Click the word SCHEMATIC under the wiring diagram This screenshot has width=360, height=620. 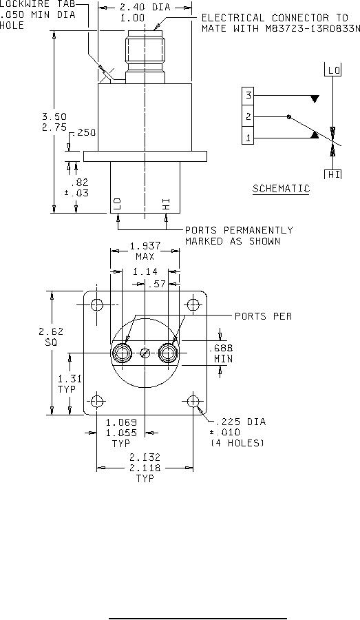(x=281, y=189)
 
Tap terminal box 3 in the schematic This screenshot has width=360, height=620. (x=248, y=95)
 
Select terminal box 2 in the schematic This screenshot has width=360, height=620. (x=248, y=116)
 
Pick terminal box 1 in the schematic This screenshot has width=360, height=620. (x=248, y=138)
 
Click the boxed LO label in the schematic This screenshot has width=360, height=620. (x=332, y=70)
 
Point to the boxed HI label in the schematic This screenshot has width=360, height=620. (x=332, y=174)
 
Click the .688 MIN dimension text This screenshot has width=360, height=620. (x=220, y=353)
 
